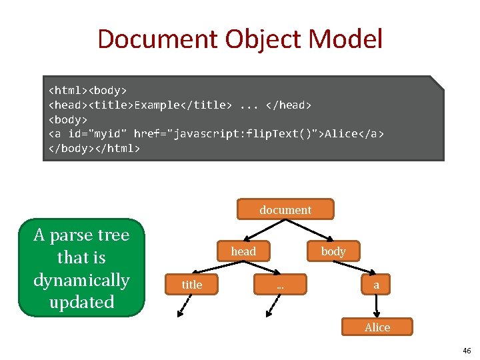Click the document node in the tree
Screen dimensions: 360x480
[x=285, y=210]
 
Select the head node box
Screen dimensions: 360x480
[x=243, y=251]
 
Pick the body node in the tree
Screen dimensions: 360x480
[x=333, y=251]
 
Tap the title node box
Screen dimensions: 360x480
[x=192, y=285]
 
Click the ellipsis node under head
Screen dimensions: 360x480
[x=280, y=285]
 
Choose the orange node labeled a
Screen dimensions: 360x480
[x=377, y=285]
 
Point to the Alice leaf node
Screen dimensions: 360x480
[x=377, y=327]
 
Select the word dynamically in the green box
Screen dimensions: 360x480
[x=81, y=280]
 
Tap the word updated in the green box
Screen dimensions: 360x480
[x=81, y=302]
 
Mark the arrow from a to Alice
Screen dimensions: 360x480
[x=377, y=305]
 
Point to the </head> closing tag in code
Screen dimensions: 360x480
[x=288, y=105]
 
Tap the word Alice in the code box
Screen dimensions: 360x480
[x=341, y=134]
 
